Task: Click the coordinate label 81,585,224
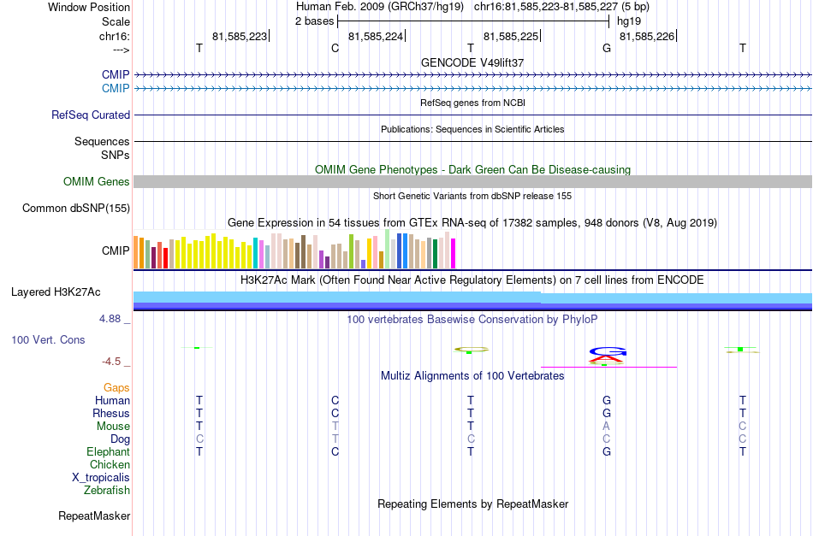tap(376, 36)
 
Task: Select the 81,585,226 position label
tap(647, 36)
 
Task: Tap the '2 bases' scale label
tap(315, 21)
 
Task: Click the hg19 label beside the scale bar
tap(629, 21)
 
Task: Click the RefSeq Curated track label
tap(91, 115)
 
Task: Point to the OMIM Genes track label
tap(97, 182)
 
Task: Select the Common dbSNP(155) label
tap(76, 209)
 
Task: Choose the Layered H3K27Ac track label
tap(56, 292)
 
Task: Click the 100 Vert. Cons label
tap(48, 339)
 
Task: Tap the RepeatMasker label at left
tap(94, 515)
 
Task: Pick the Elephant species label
tap(109, 451)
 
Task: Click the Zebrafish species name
tap(107, 490)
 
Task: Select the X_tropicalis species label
tap(101, 478)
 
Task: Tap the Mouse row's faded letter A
tap(606, 427)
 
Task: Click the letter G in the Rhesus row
tap(607, 413)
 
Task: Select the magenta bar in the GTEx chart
tap(454, 253)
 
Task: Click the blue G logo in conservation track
tap(608, 351)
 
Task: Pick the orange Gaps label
tap(116, 388)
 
